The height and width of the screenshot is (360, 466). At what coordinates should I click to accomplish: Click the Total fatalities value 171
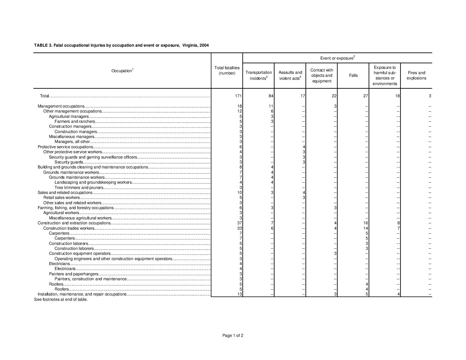click(238, 96)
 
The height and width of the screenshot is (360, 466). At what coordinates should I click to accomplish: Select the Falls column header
click(353, 75)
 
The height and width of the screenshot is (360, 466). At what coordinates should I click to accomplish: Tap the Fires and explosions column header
click(416, 75)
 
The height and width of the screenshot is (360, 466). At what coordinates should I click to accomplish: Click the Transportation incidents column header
click(258, 75)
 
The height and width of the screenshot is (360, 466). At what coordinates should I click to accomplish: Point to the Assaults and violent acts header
click(290, 75)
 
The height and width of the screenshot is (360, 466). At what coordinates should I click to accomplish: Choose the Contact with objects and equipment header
click(322, 75)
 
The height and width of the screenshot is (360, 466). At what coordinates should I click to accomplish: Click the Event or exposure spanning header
click(337, 58)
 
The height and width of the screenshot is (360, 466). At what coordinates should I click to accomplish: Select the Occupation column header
click(122, 71)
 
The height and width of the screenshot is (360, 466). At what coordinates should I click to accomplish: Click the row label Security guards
click(69, 162)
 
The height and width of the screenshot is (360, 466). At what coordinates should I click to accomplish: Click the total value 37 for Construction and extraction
click(240, 223)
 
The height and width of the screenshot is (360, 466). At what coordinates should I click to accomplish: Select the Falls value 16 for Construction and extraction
click(366, 223)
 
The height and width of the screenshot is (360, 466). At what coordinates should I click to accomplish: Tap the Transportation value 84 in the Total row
click(270, 96)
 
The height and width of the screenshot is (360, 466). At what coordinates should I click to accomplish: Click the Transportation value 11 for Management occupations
click(271, 106)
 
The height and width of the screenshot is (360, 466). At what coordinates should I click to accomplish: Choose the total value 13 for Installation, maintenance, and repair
click(240, 294)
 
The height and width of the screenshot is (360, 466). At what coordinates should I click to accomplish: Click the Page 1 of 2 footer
click(233, 336)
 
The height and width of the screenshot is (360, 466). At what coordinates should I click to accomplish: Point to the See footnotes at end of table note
click(61, 299)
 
